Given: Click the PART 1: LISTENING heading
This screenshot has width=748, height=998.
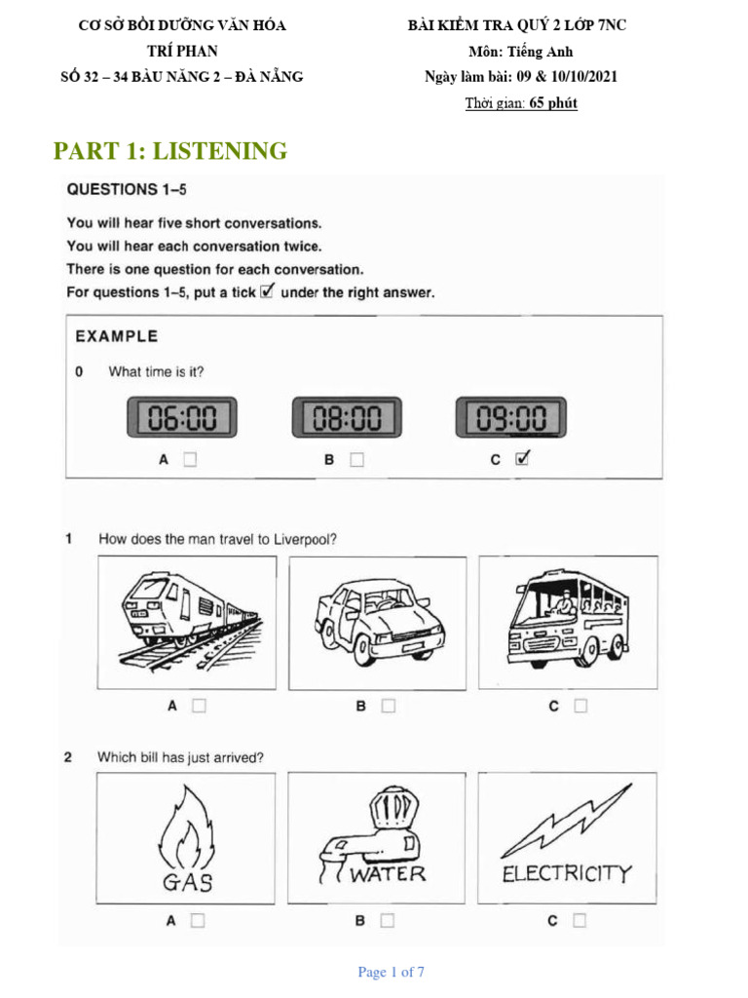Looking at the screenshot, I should click(x=170, y=151).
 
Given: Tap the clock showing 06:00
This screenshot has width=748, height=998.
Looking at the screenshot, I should click(x=182, y=418).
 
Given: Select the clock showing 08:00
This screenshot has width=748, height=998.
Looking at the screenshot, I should click(x=347, y=418).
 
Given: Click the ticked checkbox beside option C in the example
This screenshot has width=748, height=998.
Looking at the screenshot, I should click(x=522, y=459).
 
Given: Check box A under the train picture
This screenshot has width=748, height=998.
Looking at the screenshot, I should click(x=199, y=706).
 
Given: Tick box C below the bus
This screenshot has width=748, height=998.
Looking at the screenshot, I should click(x=580, y=706).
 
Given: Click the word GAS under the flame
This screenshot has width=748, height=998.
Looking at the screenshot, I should click(x=188, y=883).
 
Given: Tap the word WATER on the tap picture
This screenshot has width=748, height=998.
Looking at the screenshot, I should click(x=388, y=873).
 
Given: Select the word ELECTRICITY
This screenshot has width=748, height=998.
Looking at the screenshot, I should click(x=567, y=873).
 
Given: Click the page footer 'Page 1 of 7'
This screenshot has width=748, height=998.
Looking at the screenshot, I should click(x=391, y=972).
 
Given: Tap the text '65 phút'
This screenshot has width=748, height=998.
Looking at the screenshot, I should click(x=553, y=103).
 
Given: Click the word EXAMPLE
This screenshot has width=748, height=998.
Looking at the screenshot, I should click(x=116, y=336).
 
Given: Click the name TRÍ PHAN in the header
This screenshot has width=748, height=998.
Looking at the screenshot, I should click(x=182, y=51).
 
